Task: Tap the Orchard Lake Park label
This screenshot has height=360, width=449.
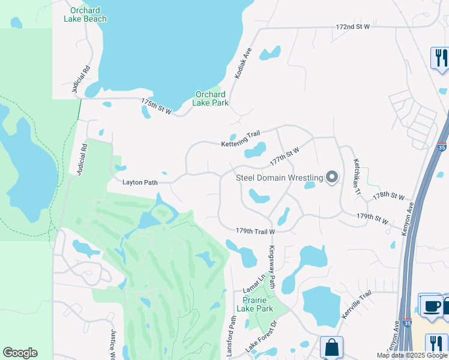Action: [210, 98]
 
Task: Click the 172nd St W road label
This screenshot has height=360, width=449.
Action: [353, 27]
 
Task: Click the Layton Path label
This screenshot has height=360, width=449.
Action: [141, 182]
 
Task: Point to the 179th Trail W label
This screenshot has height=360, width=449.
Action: [255, 231]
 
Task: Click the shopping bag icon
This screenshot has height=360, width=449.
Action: [331, 347]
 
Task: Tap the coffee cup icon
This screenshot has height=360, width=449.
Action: [430, 305]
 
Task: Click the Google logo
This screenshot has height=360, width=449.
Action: [20, 353]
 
